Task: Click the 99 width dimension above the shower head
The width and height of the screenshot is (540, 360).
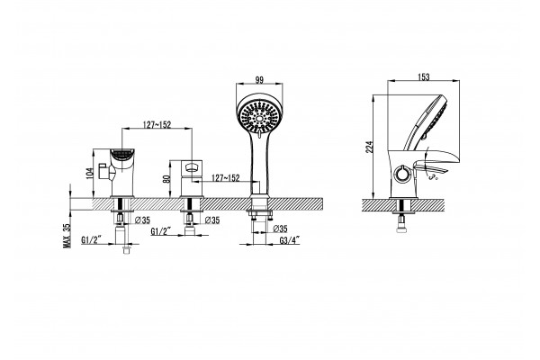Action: [x=259, y=80]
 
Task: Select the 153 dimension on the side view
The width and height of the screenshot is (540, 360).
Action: [x=424, y=77]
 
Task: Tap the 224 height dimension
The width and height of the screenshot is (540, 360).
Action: [x=369, y=147]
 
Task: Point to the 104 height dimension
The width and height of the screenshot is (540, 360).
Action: [x=90, y=173]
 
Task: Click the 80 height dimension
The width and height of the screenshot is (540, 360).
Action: [x=166, y=179]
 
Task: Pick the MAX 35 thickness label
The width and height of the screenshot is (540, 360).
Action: [x=67, y=236]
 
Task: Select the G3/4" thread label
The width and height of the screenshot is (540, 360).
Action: [x=290, y=240]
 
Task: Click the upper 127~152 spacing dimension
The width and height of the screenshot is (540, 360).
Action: [x=157, y=125]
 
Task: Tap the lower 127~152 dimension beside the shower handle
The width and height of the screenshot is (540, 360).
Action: [x=226, y=178]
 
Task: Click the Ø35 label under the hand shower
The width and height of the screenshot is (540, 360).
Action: [x=281, y=229]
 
